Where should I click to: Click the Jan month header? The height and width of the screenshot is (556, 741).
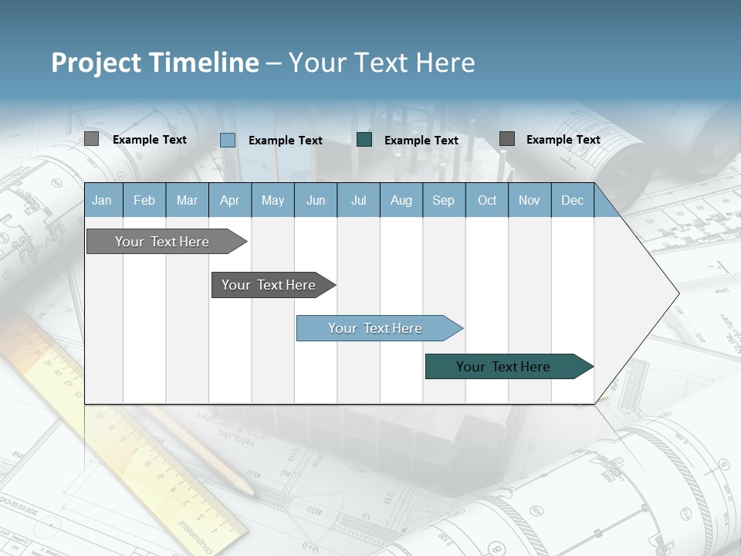[102, 200]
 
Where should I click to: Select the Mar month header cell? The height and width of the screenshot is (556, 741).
[187, 200]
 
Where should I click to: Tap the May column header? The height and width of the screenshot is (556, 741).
[272, 200]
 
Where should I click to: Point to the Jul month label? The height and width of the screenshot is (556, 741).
[358, 200]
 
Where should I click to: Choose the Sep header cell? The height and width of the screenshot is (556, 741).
[443, 200]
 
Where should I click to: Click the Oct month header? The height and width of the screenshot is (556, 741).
[487, 200]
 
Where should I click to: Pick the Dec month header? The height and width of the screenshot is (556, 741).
[572, 200]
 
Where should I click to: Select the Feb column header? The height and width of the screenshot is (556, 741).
[144, 200]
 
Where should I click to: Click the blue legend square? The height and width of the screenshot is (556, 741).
[228, 140]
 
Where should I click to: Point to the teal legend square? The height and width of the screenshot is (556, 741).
[364, 139]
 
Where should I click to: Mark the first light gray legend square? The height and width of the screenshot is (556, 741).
[91, 139]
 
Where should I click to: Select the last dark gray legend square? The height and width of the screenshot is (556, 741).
[506, 138]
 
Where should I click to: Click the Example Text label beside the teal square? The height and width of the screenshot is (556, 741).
[421, 141]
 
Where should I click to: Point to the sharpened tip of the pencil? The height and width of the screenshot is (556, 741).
[252, 492]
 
